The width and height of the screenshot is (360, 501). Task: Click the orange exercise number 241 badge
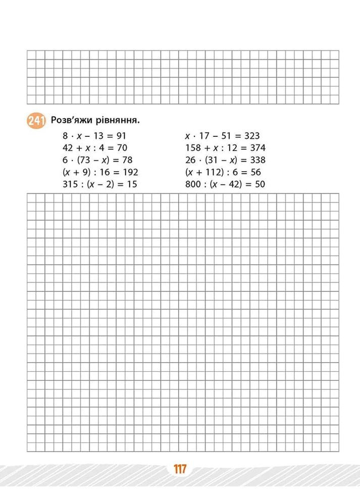(34, 121)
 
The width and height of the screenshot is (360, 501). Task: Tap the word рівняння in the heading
(118, 121)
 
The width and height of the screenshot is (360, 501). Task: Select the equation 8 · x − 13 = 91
(93, 136)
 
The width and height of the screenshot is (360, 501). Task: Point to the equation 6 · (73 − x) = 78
(96, 160)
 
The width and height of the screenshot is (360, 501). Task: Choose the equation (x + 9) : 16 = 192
(100, 172)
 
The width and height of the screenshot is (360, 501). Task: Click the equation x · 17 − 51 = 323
(222, 136)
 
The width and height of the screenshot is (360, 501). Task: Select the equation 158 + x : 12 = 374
(225, 148)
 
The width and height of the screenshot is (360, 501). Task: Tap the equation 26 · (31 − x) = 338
(226, 160)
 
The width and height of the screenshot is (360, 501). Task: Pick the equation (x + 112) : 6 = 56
(223, 172)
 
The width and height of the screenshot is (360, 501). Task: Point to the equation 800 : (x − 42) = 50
(225, 184)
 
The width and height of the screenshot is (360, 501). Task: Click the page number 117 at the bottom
(179, 470)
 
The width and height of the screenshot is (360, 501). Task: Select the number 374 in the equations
(258, 148)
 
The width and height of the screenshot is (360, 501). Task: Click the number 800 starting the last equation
(194, 184)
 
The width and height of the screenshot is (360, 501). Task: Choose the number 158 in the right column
(194, 148)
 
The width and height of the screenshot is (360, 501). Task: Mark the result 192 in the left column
(130, 172)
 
